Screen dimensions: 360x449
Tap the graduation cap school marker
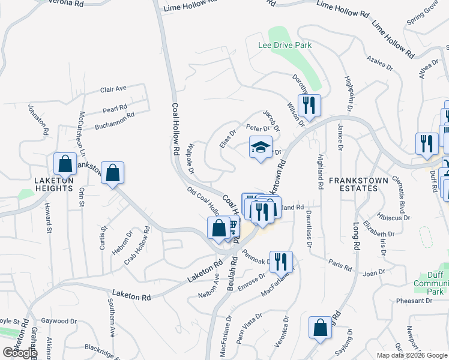261,148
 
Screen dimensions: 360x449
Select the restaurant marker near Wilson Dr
309,106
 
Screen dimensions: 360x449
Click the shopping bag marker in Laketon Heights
64,164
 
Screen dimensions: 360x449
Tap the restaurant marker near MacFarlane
280,262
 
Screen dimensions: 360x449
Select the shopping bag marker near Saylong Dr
320,328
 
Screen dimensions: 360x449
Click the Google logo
20,353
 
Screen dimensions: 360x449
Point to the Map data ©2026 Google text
411,355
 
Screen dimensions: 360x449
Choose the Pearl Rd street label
115,109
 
